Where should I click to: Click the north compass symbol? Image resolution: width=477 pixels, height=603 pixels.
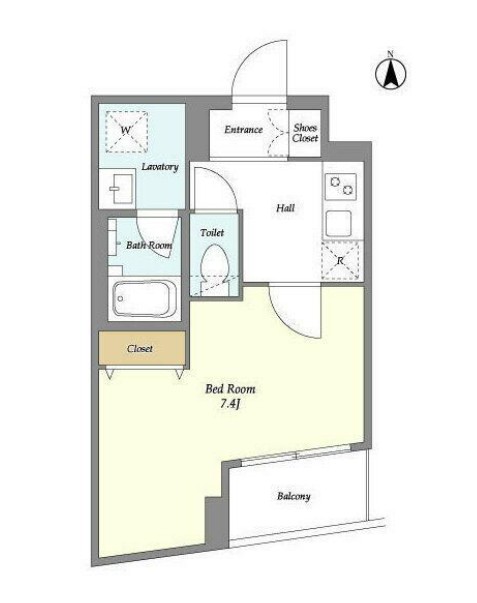(x=391, y=72)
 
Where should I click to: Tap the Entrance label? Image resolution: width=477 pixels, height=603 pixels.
(x=244, y=130)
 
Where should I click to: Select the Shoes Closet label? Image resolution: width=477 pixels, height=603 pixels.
(x=305, y=133)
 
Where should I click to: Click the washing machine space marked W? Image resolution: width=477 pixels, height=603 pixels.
(x=127, y=132)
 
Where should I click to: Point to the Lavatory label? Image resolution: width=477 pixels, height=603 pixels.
(x=160, y=167)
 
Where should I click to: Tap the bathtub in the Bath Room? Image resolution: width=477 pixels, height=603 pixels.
(x=145, y=299)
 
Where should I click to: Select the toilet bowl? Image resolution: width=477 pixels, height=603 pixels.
(x=215, y=268)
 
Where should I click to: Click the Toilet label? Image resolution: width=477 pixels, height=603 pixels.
(x=212, y=233)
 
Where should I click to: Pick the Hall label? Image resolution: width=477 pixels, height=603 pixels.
(x=286, y=208)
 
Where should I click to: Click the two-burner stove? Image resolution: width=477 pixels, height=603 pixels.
(x=340, y=186)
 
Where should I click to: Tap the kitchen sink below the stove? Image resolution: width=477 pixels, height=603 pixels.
(x=339, y=223)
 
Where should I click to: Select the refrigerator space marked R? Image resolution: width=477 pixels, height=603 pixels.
(x=340, y=260)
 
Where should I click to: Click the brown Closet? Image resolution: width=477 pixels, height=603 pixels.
(x=142, y=348)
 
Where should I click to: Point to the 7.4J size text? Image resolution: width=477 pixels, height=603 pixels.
(x=230, y=404)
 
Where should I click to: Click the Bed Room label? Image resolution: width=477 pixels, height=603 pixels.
(x=230, y=389)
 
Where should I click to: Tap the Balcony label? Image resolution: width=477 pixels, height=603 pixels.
(x=294, y=496)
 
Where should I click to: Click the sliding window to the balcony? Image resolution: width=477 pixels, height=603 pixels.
(x=296, y=456)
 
